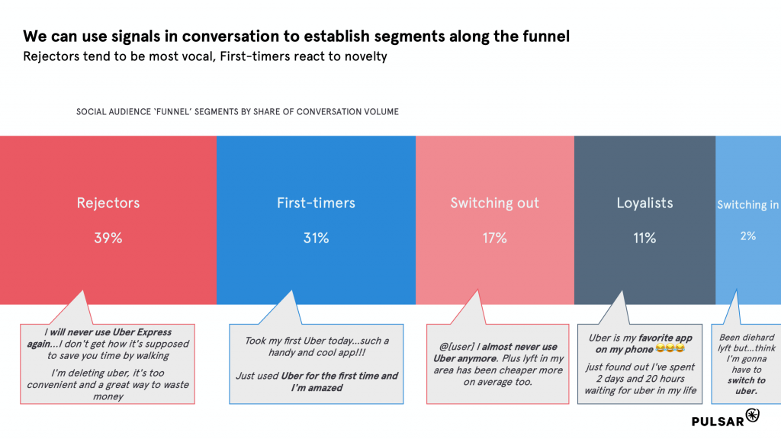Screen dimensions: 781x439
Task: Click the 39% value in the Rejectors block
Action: (x=108, y=238)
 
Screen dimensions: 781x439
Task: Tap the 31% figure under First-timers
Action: (x=317, y=238)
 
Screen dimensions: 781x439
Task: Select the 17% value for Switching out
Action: (x=494, y=238)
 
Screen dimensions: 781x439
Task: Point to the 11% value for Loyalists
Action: (x=644, y=238)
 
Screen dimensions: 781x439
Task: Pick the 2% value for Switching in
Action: (x=748, y=236)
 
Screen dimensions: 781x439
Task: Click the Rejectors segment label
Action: (x=108, y=203)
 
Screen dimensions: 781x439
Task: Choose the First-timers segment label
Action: (x=317, y=203)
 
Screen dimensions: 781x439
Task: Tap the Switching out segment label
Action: (x=494, y=203)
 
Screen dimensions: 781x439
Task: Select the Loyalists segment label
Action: (x=644, y=203)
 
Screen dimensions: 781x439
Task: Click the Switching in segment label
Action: (x=748, y=204)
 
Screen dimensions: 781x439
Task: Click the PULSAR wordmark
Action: (x=718, y=421)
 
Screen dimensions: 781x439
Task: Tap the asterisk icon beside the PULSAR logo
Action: (x=753, y=415)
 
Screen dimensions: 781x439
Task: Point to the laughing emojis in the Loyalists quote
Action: (x=670, y=349)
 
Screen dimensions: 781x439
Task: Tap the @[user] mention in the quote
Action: (x=457, y=347)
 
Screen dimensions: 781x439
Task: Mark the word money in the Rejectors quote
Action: (x=108, y=396)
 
